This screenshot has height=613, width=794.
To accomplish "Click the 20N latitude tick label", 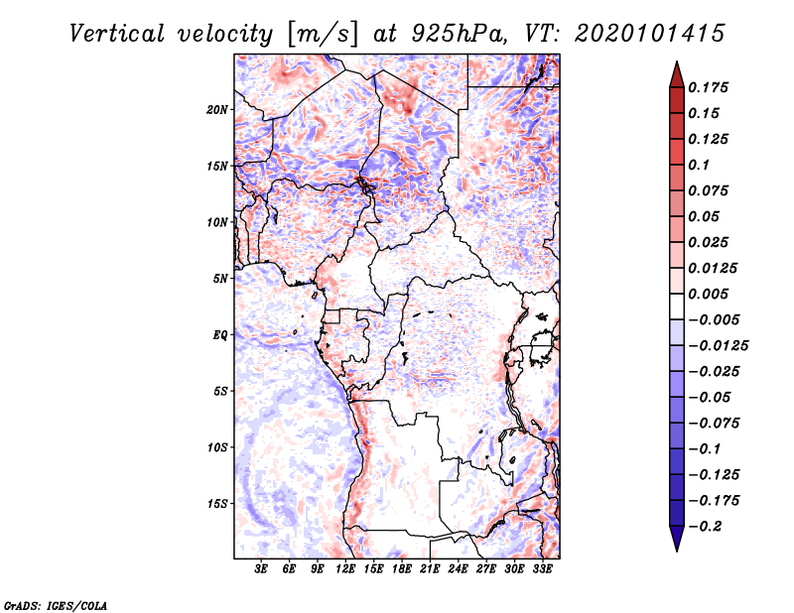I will [217, 109].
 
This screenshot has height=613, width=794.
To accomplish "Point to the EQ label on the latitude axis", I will [220, 335].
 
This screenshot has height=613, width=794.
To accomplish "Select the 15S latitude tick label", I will [217, 504].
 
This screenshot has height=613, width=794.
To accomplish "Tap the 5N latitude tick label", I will [220, 279].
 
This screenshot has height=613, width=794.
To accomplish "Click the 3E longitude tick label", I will [262, 569].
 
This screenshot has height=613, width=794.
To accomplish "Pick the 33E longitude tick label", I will [542, 569].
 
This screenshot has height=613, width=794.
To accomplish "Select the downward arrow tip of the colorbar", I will [676, 549].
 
